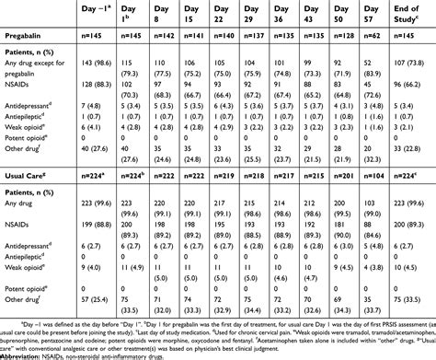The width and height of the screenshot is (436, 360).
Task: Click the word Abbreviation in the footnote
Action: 29,355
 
